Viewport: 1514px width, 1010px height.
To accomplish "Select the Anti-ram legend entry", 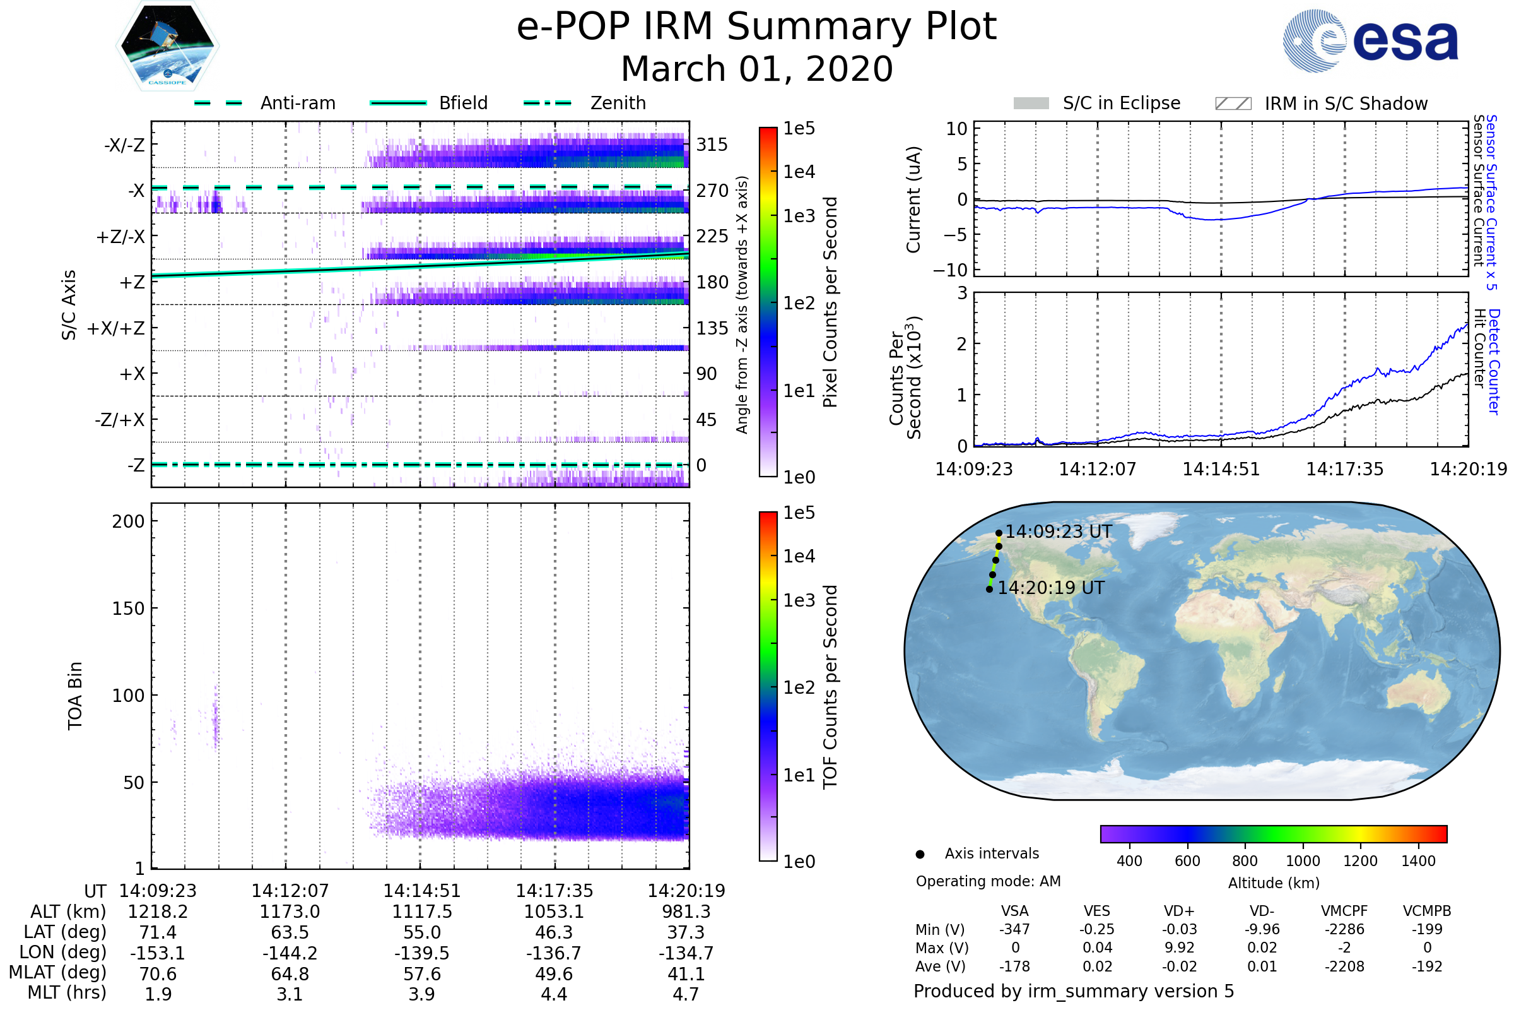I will pos(297,103).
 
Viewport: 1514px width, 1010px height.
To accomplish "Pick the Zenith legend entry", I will pos(618,103).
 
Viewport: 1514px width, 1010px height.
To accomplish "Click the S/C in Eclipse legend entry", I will pos(1121,103).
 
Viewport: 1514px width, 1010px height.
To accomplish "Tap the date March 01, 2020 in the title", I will pos(756,69).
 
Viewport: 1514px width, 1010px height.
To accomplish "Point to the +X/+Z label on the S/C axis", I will pos(116,328).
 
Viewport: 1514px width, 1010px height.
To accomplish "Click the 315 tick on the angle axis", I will pos(712,145).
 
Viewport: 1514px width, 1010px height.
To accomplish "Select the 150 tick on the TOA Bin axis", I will pos(128,608).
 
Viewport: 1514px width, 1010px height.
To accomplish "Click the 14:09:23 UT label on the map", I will pos(1059,532).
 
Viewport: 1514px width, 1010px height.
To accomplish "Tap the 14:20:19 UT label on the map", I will pos(1050,588).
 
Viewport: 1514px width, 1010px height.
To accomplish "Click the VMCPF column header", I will pos(1344,911).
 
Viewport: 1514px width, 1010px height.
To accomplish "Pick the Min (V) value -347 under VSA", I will pos(1014,929).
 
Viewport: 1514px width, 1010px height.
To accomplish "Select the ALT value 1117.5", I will pos(421,912).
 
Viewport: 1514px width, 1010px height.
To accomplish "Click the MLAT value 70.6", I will pos(158,973).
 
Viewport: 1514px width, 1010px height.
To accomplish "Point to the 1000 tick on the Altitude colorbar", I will pos(1302,860).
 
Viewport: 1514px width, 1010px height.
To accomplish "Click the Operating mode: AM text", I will pos(987,881).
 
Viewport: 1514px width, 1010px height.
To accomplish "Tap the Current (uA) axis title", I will pos(913,199).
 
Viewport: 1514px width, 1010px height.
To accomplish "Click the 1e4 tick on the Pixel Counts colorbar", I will pos(799,171).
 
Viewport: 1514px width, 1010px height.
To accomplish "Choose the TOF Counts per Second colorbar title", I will pos(830,686).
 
